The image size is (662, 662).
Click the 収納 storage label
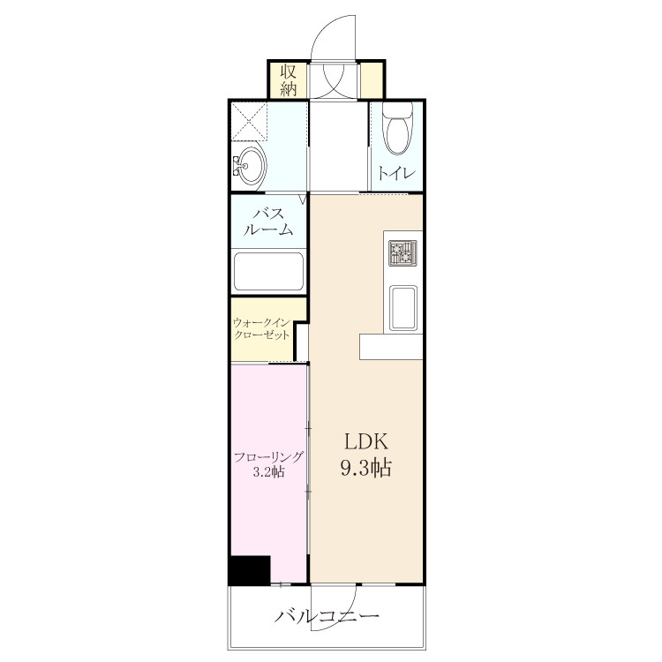(x=289, y=80)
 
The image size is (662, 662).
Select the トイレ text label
(x=396, y=173)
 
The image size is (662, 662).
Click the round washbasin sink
(x=252, y=166)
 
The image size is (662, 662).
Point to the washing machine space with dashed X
(x=250, y=121)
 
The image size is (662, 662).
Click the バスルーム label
(x=268, y=222)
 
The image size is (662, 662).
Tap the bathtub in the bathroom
(x=268, y=272)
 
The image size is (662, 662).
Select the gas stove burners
(x=402, y=253)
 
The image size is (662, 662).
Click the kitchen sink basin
(x=403, y=308)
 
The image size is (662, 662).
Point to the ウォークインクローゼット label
(x=262, y=329)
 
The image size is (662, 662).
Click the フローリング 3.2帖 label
(x=268, y=464)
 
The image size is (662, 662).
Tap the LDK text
(x=366, y=442)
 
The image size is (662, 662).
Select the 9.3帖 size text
(x=366, y=469)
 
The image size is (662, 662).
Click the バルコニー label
(x=327, y=617)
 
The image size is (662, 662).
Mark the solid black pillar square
(x=250, y=570)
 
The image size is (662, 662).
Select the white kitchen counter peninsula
(x=391, y=347)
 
